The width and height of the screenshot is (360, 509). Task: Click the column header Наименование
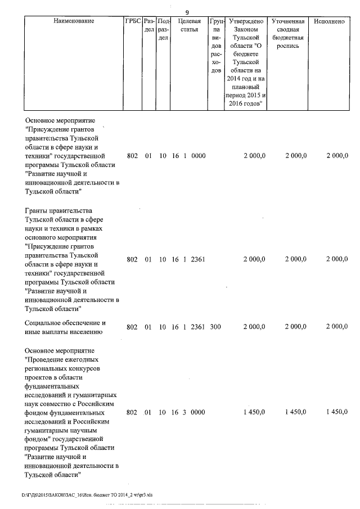[74, 21]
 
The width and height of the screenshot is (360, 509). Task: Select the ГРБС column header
[133, 21]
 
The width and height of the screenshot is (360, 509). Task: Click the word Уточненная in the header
[287, 21]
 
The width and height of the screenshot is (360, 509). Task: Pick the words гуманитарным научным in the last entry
[62, 430]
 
